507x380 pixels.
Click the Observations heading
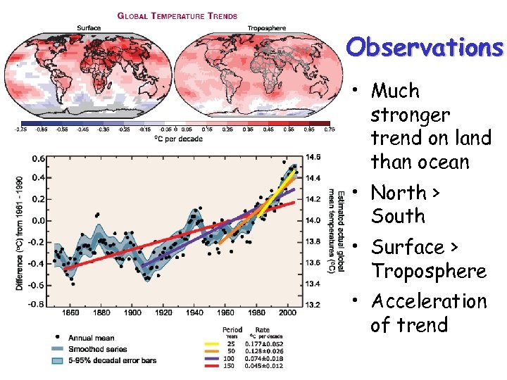(x=425, y=47)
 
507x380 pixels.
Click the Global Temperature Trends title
(x=177, y=15)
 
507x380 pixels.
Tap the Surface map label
(x=89, y=28)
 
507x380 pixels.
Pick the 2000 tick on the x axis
(x=287, y=312)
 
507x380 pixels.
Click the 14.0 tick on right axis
(x=313, y=220)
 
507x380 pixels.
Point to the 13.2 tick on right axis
(x=313, y=305)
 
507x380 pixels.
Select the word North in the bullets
(x=398, y=192)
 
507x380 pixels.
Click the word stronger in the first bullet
(x=410, y=115)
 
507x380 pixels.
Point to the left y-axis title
(x=19, y=232)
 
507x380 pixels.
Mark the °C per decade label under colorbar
(x=176, y=138)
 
